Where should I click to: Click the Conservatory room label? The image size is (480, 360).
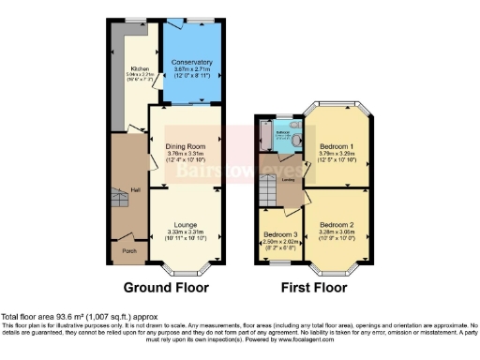pos(191,62)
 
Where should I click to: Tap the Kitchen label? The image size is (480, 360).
pos(140,68)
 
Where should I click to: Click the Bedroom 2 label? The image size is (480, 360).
pos(335,225)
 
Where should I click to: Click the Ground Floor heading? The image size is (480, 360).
pos(166,287)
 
